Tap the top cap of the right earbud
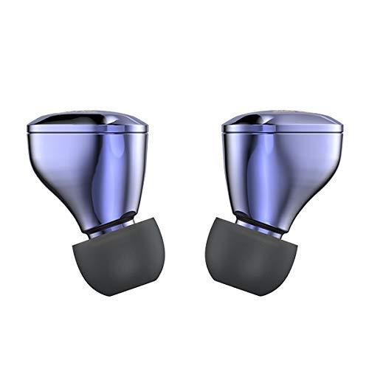pos(284,118)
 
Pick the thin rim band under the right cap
pos(284,131)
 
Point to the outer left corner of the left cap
pos(28,128)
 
